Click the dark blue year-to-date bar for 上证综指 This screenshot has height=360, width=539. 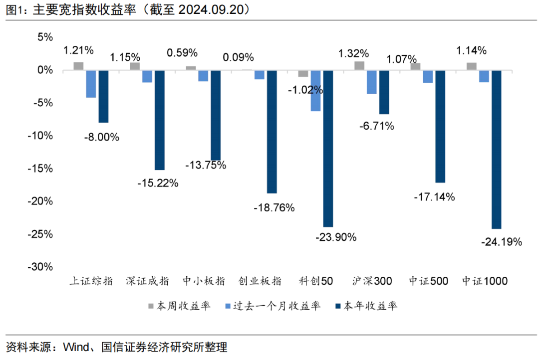(103, 97)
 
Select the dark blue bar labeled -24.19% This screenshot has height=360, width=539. (497, 150)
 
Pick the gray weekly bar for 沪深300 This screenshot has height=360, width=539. (359, 66)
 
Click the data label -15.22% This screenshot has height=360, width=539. (158, 183)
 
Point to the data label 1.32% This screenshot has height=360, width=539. (353, 53)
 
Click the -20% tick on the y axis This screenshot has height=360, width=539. (41, 201)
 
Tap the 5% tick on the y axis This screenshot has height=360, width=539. (45, 37)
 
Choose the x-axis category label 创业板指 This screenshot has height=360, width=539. (260, 281)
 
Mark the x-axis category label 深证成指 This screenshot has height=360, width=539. (147, 281)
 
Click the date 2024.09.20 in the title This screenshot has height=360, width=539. (207, 10)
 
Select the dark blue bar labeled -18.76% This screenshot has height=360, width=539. (271, 132)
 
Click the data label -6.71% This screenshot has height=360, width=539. (377, 126)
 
